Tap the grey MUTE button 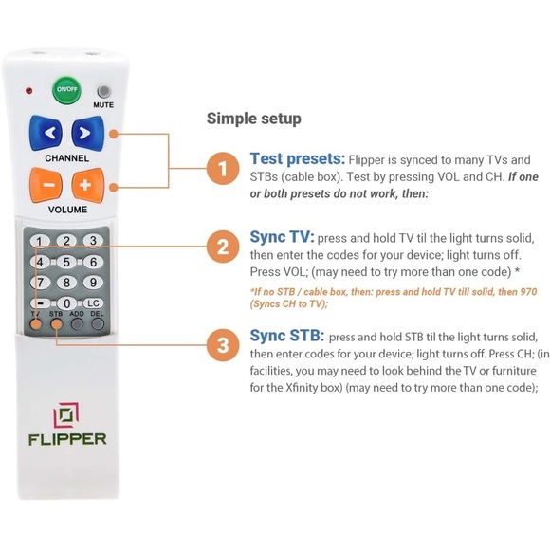click(x=102, y=91)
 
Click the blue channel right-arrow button click(x=85, y=132)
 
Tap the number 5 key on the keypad click(x=66, y=262)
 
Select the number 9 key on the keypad click(x=91, y=283)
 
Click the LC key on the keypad click(x=93, y=302)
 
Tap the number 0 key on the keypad click(x=66, y=302)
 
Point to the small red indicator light click(x=29, y=92)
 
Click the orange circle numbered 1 click(x=223, y=170)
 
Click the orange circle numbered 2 click(x=223, y=248)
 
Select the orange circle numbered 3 click(x=223, y=346)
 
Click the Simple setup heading click(x=253, y=119)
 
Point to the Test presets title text click(x=297, y=158)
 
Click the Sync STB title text click(x=286, y=336)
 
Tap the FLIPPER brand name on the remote click(x=66, y=439)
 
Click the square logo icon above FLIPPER click(x=65, y=414)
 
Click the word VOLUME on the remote click(x=67, y=209)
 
